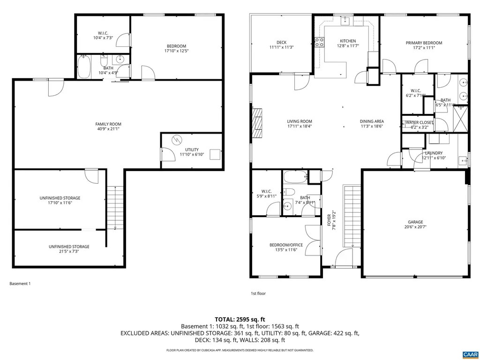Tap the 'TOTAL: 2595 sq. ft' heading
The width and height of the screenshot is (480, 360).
[240, 319]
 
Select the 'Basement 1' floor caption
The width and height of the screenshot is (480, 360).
[20, 284]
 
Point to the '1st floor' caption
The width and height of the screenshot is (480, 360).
[258, 293]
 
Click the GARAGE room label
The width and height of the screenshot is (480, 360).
[415, 222]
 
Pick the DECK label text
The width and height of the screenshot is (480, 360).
[281, 43]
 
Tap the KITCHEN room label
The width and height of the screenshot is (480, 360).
[348, 41]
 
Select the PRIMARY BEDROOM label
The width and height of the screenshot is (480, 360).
[424, 43]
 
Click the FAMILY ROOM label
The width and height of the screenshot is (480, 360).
[108, 124]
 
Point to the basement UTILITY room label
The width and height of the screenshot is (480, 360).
[192, 150]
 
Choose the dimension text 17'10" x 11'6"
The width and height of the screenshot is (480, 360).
[60, 203]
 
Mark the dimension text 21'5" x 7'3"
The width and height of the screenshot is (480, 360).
[69, 252]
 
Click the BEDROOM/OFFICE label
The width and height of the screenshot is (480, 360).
[286, 245]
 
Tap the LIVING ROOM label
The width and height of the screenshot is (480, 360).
[300, 121]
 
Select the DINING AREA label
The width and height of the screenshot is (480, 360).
[372, 121]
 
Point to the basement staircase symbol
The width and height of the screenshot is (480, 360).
[112, 206]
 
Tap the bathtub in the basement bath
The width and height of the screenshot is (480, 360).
[85, 67]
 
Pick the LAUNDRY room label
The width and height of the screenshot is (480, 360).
[434, 153]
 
